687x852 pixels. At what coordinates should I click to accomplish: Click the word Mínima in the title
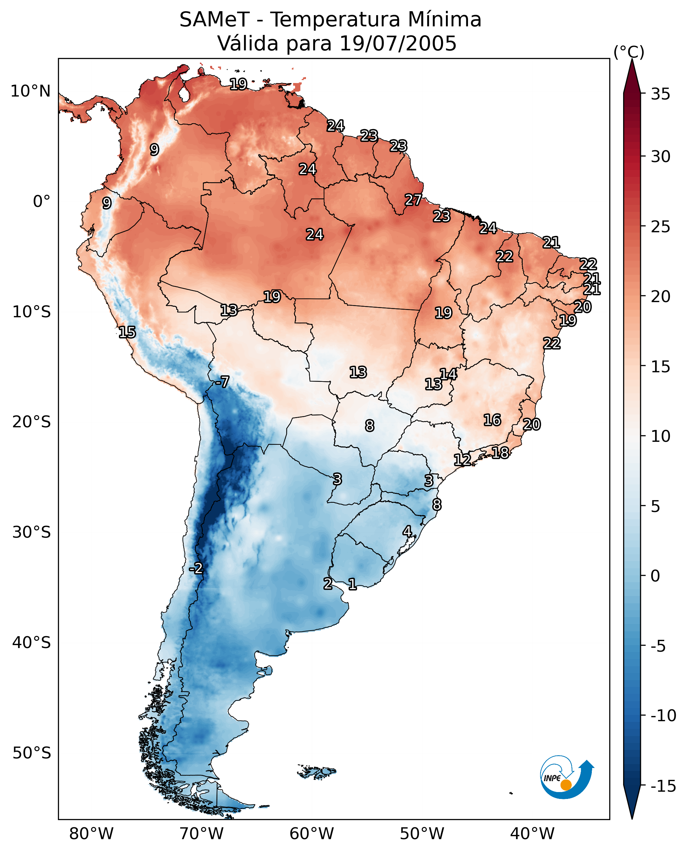tap(444, 20)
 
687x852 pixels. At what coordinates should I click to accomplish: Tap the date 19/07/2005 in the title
tap(398, 43)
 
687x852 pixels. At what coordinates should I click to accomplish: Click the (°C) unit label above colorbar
tap(629, 52)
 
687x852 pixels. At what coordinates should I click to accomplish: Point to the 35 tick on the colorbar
tap(660, 94)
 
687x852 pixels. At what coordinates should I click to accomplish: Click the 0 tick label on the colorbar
tap(655, 576)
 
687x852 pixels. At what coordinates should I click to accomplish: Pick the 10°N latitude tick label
tap(31, 92)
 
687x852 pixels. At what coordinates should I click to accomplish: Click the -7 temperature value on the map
tap(222, 382)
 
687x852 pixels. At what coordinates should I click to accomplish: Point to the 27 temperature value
tap(413, 200)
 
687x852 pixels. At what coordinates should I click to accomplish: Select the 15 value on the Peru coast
tap(127, 332)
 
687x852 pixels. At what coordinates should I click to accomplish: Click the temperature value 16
tap(492, 420)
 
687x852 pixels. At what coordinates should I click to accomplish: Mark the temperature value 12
tap(462, 460)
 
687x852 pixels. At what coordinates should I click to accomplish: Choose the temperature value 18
tap(500, 453)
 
